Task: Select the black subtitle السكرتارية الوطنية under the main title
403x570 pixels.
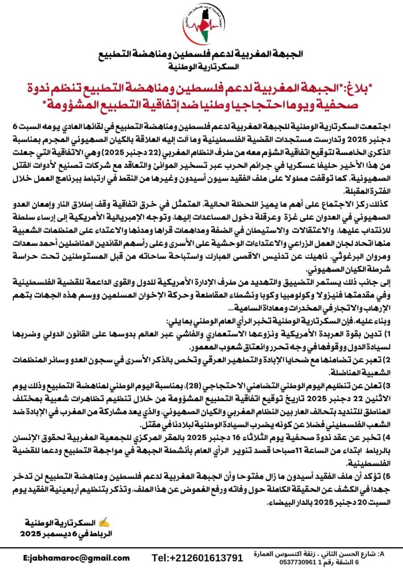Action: (x=203, y=67)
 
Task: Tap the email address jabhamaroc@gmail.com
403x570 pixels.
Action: (x=76, y=558)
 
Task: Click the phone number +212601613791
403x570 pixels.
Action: (x=197, y=558)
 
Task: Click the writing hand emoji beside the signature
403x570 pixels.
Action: (x=104, y=523)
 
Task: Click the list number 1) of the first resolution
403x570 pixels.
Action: (x=387, y=334)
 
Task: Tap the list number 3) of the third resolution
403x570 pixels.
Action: (x=387, y=386)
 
